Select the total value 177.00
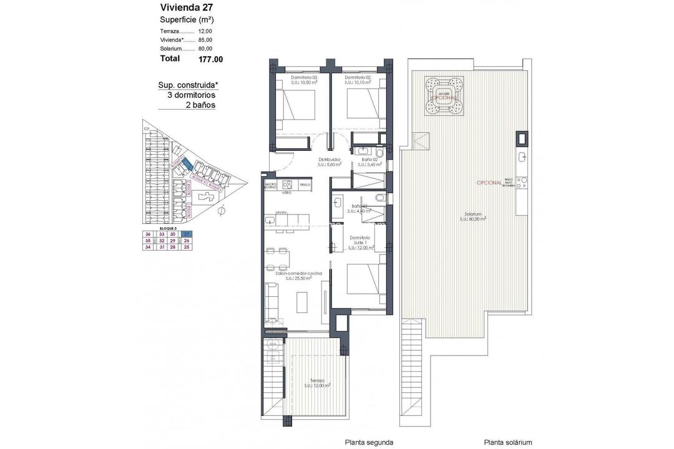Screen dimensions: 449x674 point(210,59)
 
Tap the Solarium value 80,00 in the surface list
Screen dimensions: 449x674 point(205,49)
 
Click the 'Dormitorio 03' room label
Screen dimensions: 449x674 point(305,78)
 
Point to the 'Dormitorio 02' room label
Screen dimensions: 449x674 point(358,78)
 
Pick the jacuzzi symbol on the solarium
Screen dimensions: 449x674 point(444,96)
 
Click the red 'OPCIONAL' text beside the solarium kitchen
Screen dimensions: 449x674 point(488,183)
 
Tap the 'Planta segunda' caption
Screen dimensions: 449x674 point(369,442)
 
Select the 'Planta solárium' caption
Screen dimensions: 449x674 point(508,442)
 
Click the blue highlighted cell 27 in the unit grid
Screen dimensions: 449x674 point(186,234)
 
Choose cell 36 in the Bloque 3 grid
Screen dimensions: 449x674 point(148,234)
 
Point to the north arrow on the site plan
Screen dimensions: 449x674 point(220,212)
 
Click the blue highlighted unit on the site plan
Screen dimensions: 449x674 point(185,164)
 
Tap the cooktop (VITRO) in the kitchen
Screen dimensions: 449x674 point(287,185)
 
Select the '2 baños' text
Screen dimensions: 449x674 point(200,105)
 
